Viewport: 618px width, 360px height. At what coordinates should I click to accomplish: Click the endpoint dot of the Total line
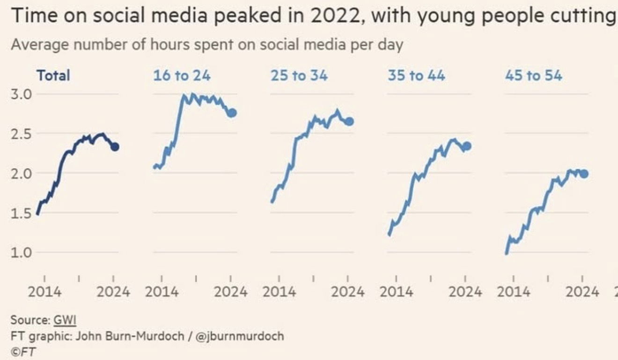point(115,147)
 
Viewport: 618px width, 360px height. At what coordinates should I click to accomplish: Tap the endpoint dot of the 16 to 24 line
point(232,113)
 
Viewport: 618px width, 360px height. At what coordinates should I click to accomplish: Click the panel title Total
point(53,75)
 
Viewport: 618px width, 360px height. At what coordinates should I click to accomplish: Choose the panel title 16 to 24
point(182,75)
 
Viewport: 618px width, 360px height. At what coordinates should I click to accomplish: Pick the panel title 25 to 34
point(299,75)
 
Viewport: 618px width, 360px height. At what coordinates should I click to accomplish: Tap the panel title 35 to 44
point(416,75)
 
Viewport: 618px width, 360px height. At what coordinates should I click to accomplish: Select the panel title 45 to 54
point(534,75)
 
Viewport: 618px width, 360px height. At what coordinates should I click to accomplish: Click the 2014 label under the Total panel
point(45,292)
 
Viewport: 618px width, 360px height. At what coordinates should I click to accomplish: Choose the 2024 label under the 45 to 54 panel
point(582,292)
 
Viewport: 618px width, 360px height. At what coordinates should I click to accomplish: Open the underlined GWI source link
point(65,321)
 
